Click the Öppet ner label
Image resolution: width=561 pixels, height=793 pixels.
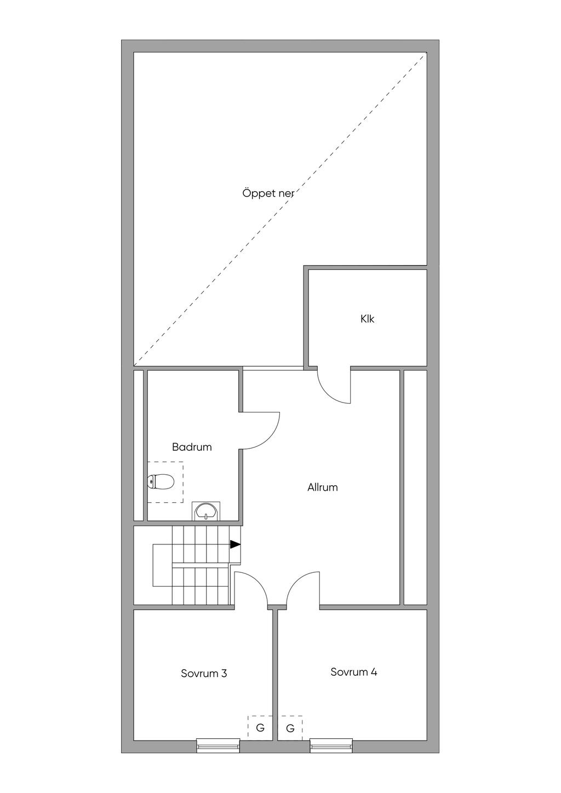tap(268, 194)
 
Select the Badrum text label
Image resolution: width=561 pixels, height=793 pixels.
tap(192, 447)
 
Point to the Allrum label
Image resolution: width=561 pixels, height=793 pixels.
tap(322, 487)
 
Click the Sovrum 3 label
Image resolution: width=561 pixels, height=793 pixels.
tap(204, 674)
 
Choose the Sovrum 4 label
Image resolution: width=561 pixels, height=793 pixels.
tap(353, 672)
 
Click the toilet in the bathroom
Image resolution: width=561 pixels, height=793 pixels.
tap(161, 481)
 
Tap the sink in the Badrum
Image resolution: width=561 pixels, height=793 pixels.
tap(206, 511)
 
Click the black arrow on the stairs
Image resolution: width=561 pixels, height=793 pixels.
tap(235, 544)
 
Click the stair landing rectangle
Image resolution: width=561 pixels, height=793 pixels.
tap(162, 565)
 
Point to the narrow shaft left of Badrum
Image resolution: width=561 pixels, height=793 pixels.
tap(139, 445)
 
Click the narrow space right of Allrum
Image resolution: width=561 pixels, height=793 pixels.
tap(415, 487)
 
